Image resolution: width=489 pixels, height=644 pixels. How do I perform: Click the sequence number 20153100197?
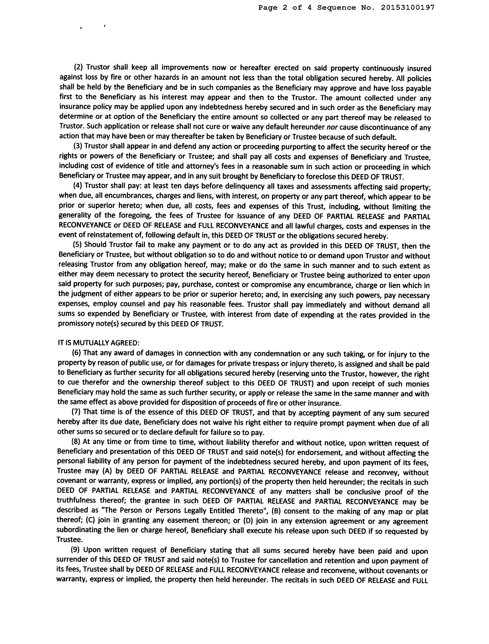pyautogui.click(x=407, y=8)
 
